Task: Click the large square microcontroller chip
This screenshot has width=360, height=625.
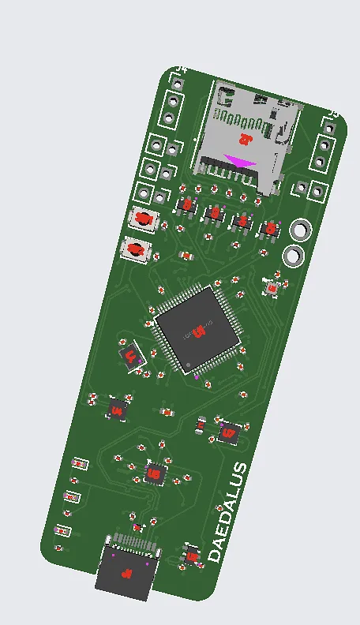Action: coord(197,329)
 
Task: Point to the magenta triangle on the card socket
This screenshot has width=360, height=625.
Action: coord(240,161)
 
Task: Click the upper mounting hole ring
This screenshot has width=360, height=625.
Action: coord(301,230)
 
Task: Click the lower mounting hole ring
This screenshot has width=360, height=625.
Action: coord(293,256)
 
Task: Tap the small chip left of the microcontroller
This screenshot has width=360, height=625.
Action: coord(131,356)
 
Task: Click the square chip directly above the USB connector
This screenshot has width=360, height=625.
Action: coord(155,473)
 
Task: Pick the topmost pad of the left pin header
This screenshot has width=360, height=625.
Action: coord(174,82)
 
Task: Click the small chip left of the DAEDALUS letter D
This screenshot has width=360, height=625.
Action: coord(191,554)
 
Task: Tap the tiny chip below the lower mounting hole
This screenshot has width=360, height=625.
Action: coord(272,289)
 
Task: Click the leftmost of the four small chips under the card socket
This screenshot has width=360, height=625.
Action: coord(187,204)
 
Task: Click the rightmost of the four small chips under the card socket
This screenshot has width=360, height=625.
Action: coord(270,228)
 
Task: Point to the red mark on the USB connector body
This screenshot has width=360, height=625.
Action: coord(125,574)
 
